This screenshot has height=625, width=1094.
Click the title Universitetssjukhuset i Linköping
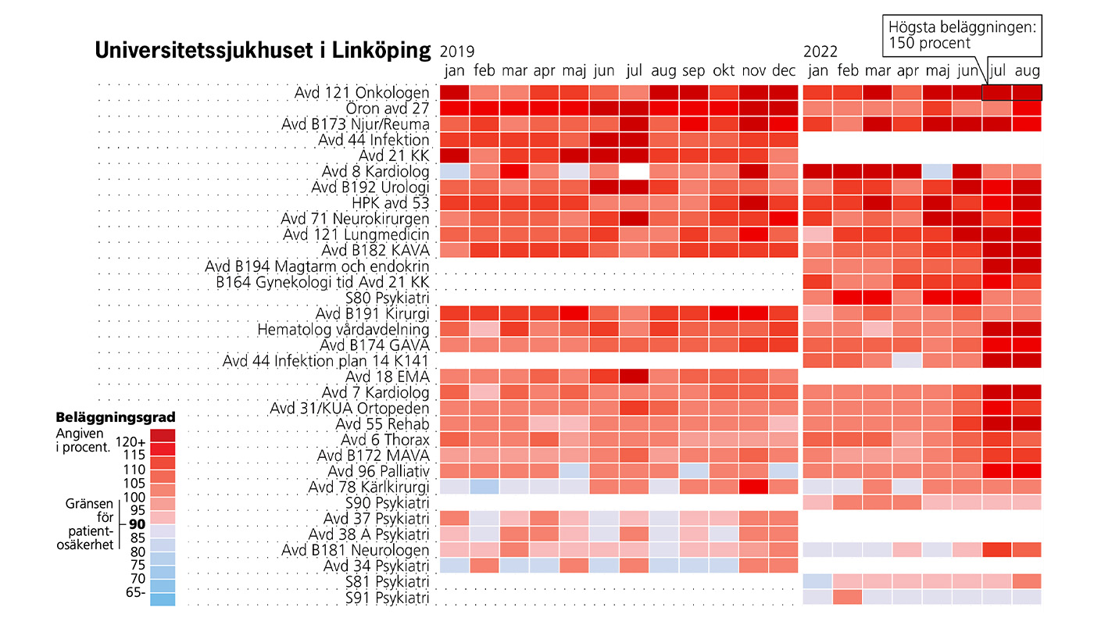(x=263, y=51)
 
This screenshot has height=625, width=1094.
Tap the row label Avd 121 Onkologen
(x=362, y=92)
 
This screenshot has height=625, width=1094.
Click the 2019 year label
(x=457, y=52)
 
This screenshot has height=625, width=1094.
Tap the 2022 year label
(x=820, y=52)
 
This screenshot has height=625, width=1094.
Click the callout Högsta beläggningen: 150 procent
(x=963, y=35)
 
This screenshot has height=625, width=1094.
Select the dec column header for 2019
(x=784, y=71)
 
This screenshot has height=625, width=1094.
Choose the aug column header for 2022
(x=1028, y=71)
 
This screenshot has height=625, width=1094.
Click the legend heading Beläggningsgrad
(x=116, y=417)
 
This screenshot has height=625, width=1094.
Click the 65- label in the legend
(x=134, y=593)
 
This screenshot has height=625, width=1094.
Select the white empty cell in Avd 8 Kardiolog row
(x=634, y=171)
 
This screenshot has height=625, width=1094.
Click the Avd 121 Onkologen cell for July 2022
(x=997, y=92)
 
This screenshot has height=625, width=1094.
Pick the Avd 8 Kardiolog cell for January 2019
(x=454, y=171)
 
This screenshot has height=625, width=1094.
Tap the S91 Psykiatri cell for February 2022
(x=847, y=598)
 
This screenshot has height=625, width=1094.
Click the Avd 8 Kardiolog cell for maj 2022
(x=937, y=171)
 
